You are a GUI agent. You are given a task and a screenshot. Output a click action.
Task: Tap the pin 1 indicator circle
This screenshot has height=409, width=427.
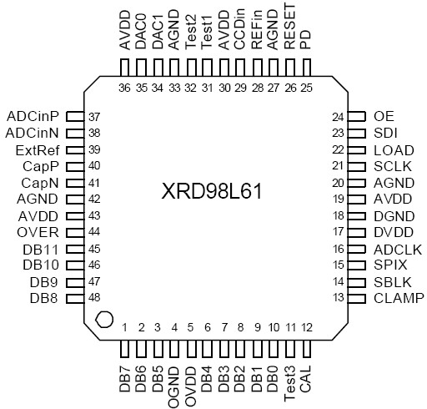pos(103,318)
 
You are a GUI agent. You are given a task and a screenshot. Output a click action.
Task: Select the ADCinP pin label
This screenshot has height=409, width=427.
pos(31,115)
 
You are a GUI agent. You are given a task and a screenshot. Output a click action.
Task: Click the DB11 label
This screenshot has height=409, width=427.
pos(39,248)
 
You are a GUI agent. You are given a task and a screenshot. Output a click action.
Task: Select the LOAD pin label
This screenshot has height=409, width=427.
pos(394,149)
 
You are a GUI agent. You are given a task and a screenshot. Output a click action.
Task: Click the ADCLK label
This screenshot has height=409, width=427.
pos(398,248)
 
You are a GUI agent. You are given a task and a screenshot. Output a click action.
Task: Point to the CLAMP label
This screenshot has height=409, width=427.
pos(399,297)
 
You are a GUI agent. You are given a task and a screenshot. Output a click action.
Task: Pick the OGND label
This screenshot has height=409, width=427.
pos(174,386)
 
